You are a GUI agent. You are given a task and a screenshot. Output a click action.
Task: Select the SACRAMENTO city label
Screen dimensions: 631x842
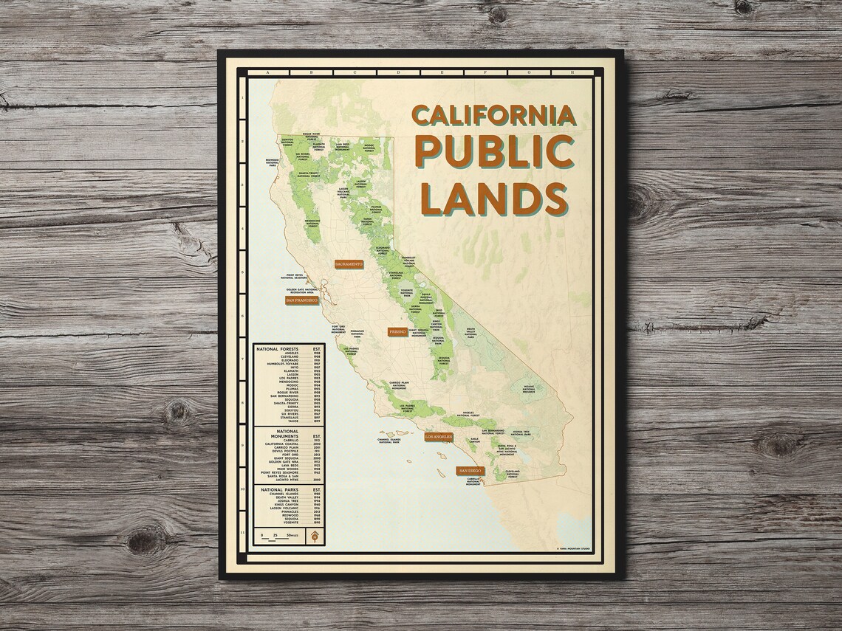click(x=350, y=263)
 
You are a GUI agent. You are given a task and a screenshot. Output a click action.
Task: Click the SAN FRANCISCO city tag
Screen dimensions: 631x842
click(x=301, y=300)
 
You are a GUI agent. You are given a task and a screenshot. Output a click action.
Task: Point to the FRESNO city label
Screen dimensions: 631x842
click(x=397, y=333)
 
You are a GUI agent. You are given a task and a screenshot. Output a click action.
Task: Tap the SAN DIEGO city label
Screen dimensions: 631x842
click(x=470, y=470)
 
